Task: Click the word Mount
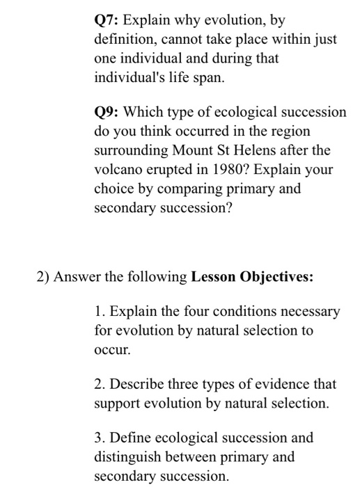(186, 150)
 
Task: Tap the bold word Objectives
(276, 278)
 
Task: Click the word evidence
(286, 383)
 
